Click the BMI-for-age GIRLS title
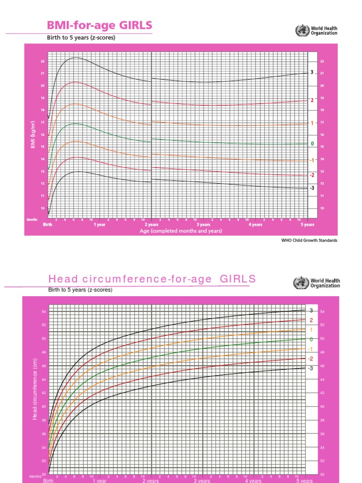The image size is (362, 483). [x=99, y=25]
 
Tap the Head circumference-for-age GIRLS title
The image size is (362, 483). [x=152, y=279]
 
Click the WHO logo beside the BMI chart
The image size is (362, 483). [x=300, y=31]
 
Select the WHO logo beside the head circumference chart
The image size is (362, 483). [x=300, y=283]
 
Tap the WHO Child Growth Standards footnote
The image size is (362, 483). [x=310, y=240]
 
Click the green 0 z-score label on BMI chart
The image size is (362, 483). [x=311, y=143]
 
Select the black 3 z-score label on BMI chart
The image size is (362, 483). [x=312, y=72]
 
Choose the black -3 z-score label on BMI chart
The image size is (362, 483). [x=312, y=188]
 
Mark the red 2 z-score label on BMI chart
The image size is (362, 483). [x=312, y=100]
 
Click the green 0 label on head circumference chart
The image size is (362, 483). [x=311, y=339]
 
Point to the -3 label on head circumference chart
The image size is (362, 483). [x=310, y=368]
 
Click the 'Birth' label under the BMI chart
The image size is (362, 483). [x=48, y=225]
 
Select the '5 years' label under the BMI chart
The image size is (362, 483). [x=307, y=225]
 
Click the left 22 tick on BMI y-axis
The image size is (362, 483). [x=42, y=61]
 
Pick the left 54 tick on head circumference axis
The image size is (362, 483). [x=44, y=312]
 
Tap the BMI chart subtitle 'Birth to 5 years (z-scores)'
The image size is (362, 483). [x=82, y=38]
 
